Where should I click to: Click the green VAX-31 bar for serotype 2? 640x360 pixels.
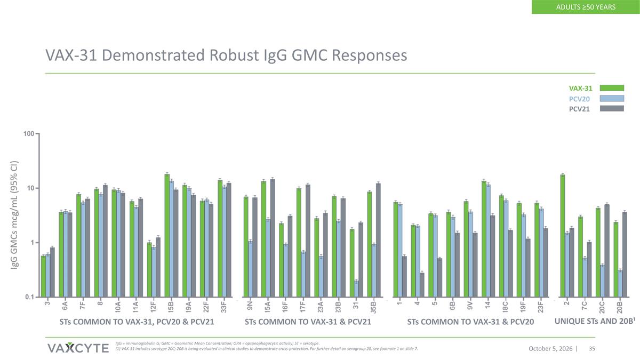(x=563, y=236)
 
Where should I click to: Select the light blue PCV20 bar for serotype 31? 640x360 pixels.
(x=356, y=289)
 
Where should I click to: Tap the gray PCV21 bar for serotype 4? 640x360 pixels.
(x=422, y=285)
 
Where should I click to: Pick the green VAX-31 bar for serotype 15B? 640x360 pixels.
(x=167, y=235)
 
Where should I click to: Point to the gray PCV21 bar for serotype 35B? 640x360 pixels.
(x=378, y=240)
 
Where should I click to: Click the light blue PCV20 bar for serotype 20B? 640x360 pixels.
(x=620, y=283)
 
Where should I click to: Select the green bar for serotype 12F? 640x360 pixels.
(x=149, y=270)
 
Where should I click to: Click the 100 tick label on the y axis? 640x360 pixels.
(x=29, y=134)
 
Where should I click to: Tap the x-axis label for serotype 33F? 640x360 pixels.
(x=223, y=307)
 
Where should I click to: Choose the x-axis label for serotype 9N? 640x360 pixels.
(x=250, y=306)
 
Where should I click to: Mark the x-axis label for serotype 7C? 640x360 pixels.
(x=585, y=306)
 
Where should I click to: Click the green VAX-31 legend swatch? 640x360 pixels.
(x=612, y=87)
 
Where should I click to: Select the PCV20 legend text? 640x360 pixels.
(x=579, y=99)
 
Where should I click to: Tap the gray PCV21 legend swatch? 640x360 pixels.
(x=612, y=108)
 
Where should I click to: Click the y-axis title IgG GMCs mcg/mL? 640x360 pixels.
(x=14, y=214)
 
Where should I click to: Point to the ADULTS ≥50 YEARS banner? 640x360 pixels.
(x=586, y=7)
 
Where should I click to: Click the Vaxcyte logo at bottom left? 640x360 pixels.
(x=78, y=348)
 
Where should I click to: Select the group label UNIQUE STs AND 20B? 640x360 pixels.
(x=595, y=321)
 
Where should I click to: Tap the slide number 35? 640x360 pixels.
(x=592, y=349)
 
